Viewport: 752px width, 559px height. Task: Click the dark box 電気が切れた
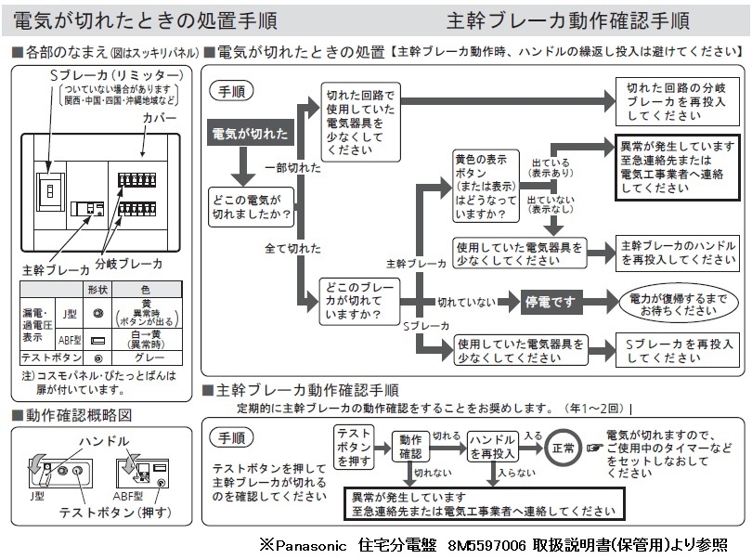(x=251, y=132)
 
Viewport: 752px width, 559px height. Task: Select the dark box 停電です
(x=551, y=302)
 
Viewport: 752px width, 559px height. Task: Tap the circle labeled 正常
(x=562, y=447)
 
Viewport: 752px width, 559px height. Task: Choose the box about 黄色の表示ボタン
(x=486, y=187)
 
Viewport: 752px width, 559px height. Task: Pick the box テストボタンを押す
(x=354, y=447)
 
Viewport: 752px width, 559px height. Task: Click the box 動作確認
(x=410, y=447)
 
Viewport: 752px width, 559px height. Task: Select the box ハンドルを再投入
(x=491, y=447)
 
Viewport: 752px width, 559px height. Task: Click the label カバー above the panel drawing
(x=159, y=120)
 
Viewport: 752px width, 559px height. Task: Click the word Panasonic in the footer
(x=311, y=544)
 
